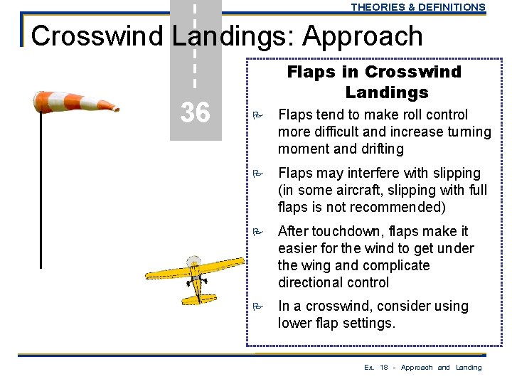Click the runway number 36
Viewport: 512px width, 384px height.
tap(195, 112)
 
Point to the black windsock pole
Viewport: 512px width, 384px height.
tap(41, 192)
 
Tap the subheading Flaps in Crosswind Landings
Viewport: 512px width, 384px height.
tap(373, 82)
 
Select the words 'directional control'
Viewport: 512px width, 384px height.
tap(334, 282)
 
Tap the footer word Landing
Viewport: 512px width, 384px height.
tap(469, 368)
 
